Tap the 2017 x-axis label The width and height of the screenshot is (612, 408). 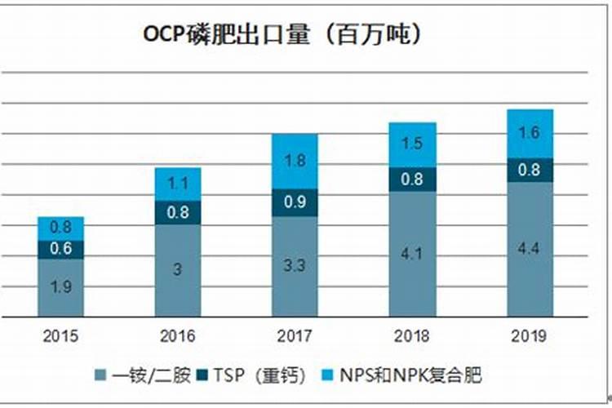coord(294,335)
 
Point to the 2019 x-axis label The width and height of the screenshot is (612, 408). coord(529,335)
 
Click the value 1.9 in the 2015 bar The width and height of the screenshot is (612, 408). coord(60,286)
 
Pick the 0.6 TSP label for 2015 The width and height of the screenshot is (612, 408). coord(60,249)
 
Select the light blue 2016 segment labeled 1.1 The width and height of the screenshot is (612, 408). coord(178,184)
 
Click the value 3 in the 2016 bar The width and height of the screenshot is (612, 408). coord(178,269)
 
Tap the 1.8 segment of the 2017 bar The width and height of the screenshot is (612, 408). coord(295,161)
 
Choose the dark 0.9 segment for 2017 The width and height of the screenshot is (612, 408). coord(295,202)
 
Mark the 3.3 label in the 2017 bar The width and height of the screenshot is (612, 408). coord(295,265)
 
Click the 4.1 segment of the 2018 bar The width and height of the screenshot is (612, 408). coord(412,254)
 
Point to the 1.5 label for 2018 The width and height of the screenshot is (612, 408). coord(412,144)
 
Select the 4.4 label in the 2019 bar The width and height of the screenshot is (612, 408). coord(530,248)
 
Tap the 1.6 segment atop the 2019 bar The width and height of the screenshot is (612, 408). coord(530,133)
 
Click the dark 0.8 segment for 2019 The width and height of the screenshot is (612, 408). coord(530,170)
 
